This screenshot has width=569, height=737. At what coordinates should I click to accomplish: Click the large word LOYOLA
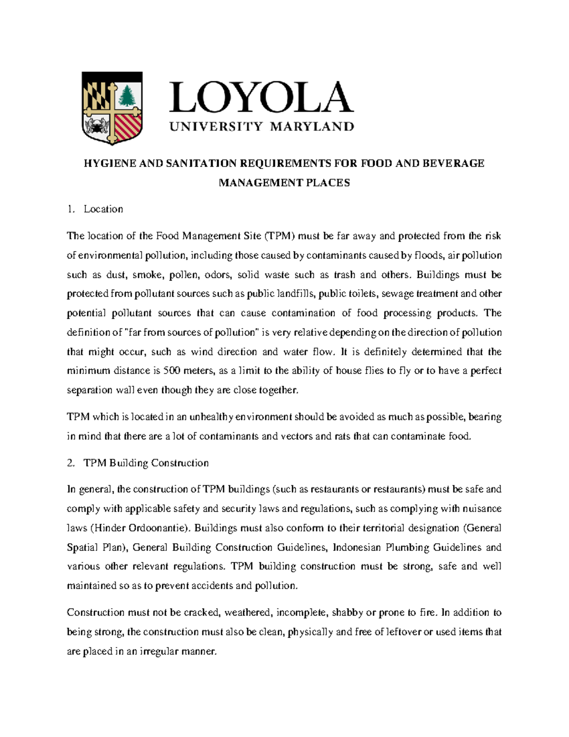(261, 97)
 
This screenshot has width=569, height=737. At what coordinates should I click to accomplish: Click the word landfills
(295, 294)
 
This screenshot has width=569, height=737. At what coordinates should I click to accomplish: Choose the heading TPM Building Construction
(146, 463)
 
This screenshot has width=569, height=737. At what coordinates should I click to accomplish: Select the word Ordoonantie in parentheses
(161, 528)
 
